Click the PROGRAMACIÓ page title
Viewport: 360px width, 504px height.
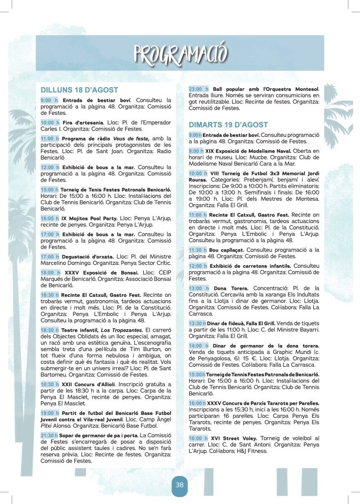pos(180,53)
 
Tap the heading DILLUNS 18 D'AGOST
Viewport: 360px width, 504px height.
pos(79,90)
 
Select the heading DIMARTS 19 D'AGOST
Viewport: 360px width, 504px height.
pos(229,125)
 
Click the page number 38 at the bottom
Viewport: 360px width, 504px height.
pos(180,485)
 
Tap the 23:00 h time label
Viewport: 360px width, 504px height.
pos(197,88)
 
